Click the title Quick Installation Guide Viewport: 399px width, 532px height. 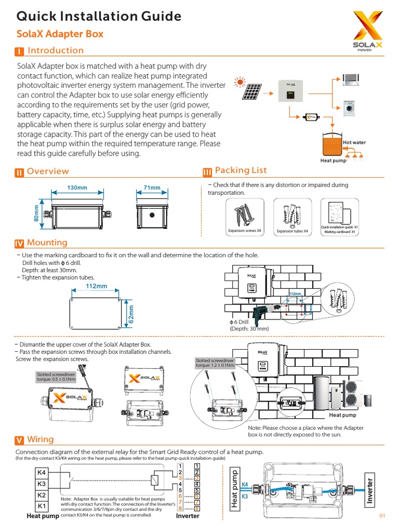99,17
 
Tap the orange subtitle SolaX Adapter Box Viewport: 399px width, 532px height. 60,34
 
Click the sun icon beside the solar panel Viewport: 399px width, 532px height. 240,82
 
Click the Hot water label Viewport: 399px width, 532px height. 354,142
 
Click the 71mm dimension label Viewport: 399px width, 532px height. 152,188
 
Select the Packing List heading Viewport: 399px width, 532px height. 241,170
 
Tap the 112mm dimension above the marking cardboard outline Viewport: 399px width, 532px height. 97,286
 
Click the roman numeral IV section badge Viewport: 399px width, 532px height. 19,243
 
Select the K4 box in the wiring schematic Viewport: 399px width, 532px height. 42,472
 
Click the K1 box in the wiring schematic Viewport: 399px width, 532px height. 42,506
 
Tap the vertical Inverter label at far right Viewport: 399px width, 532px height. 370,488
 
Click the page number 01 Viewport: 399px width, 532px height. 383,516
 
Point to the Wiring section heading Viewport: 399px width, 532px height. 40,440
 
